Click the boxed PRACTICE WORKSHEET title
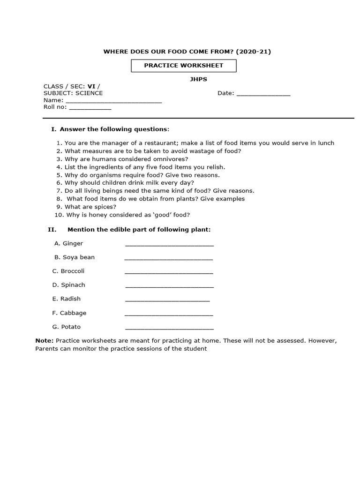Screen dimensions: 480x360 (183, 66)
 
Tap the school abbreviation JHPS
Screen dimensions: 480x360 (198, 79)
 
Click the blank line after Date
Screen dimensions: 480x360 (263, 95)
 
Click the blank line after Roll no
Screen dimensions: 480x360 (90, 108)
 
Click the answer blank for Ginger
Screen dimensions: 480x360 (169, 245)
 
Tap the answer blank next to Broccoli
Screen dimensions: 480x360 (169, 272)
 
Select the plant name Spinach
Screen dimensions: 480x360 (73, 285)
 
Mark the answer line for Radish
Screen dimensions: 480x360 (167, 300)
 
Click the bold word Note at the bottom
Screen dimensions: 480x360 (45, 341)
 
